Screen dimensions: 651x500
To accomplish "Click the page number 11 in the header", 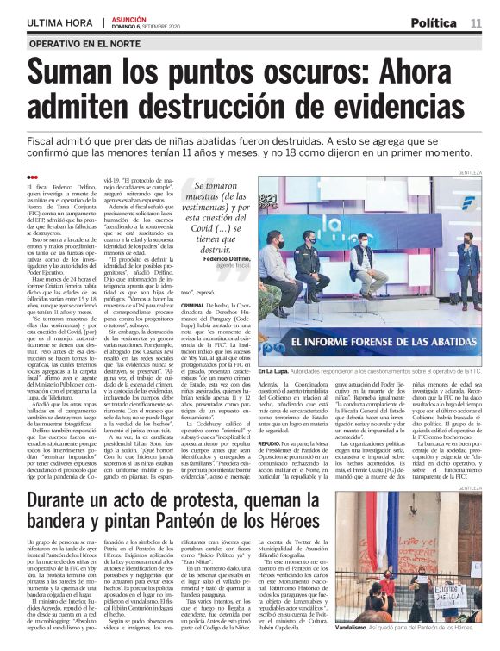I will pos(476,22).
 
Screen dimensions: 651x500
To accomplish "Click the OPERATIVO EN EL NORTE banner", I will pos(85,43).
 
